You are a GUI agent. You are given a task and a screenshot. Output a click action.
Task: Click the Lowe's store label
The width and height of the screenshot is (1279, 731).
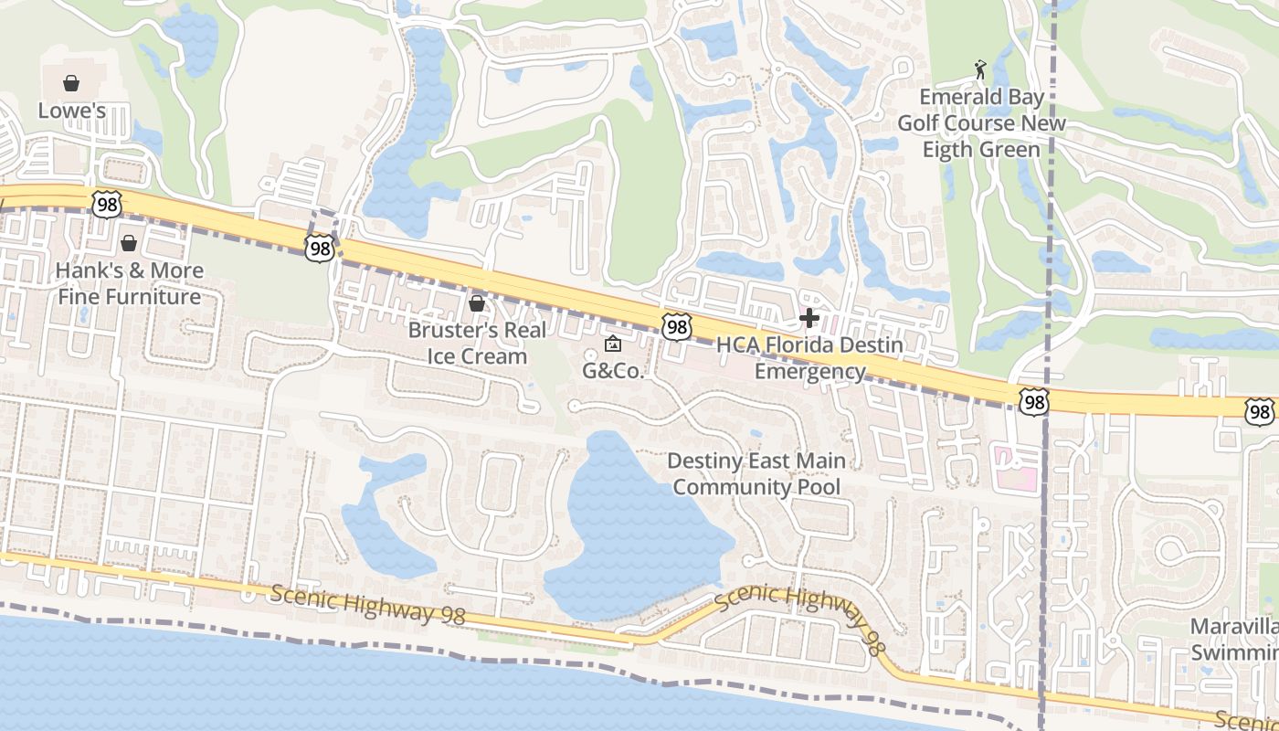(x=71, y=111)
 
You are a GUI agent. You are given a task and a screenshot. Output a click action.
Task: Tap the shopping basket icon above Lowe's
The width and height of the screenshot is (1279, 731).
(x=71, y=83)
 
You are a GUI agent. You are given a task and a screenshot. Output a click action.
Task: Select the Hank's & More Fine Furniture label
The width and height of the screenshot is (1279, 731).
(x=129, y=283)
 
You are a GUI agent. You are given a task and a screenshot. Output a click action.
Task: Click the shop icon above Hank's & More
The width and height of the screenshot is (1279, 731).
(x=129, y=243)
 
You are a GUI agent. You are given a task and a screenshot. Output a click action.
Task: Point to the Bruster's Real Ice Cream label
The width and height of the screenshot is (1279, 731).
(x=477, y=343)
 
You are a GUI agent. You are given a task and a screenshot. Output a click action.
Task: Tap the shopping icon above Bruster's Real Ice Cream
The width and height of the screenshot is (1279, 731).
(x=476, y=302)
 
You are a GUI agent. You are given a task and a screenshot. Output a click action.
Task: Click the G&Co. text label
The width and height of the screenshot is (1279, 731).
(x=614, y=372)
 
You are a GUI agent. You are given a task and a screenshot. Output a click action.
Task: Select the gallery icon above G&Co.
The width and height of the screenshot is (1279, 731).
(x=612, y=344)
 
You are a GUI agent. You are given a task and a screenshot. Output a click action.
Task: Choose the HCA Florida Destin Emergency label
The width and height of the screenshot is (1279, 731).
(x=809, y=358)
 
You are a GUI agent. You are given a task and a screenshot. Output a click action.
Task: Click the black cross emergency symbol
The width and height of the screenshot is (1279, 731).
(x=809, y=318)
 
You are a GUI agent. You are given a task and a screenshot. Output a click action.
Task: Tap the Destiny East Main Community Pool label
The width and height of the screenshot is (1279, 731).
(x=756, y=474)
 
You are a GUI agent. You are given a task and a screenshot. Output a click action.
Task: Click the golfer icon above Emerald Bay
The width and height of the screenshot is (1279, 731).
(x=980, y=69)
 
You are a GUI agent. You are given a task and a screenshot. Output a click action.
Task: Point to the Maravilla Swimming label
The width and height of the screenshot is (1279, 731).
(x=1233, y=640)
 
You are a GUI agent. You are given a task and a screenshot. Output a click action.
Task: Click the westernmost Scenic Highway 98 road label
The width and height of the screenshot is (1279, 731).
(x=368, y=606)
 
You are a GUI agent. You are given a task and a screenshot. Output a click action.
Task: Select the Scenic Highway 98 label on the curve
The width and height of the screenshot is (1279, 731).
(x=799, y=617)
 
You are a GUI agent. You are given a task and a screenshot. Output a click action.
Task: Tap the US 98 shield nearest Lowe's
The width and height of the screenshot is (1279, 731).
(x=107, y=205)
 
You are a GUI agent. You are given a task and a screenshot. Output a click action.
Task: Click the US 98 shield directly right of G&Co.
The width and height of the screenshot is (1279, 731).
(x=676, y=326)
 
